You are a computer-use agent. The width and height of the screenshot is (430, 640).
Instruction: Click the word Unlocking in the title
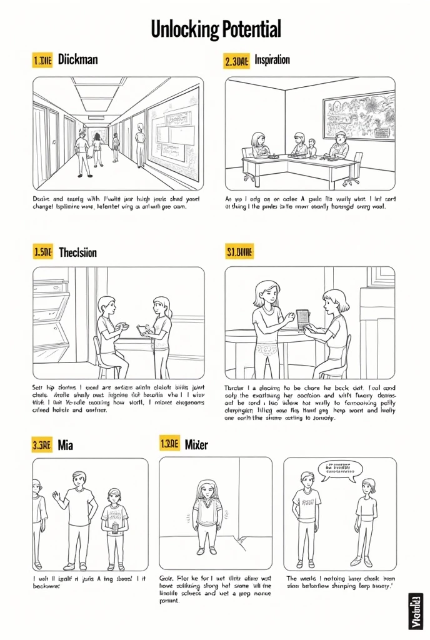pyautogui.click(x=184, y=29)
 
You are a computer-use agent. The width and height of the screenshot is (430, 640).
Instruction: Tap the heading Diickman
pyautogui.click(x=77, y=60)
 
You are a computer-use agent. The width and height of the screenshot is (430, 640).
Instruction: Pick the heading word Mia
pyautogui.click(x=66, y=444)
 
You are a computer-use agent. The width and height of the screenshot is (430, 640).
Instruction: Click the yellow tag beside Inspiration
pyautogui.click(x=236, y=60)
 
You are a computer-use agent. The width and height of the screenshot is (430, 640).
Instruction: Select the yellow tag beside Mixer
pyautogui.click(x=169, y=443)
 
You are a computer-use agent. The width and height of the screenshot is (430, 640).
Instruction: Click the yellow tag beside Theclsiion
pyautogui.click(x=42, y=252)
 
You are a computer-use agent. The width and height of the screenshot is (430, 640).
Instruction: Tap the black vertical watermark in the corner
pyautogui.click(x=414, y=609)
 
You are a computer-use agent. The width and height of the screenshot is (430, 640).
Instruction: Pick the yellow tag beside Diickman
pyautogui.click(x=42, y=60)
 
